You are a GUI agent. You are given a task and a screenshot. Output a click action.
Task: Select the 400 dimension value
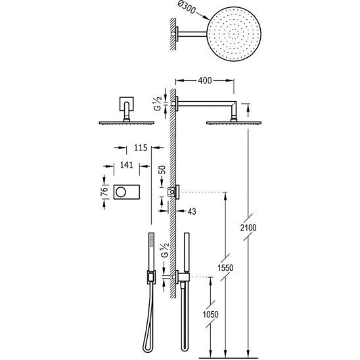pos(205,81)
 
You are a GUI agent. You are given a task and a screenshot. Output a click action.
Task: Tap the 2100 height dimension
pos(248,227)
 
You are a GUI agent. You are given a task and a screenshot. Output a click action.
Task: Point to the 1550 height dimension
pos(225,267)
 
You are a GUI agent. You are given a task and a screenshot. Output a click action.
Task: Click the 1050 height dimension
pos(210,314)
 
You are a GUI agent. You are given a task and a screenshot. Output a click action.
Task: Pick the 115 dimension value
pos(141,148)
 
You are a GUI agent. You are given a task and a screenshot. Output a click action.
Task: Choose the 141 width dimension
pos(127,165)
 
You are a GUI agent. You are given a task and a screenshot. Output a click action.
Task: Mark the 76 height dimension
pos(104,191)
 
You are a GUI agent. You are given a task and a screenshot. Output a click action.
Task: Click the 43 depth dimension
pos(192,212)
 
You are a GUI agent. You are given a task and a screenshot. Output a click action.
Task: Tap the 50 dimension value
pos(162,170)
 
